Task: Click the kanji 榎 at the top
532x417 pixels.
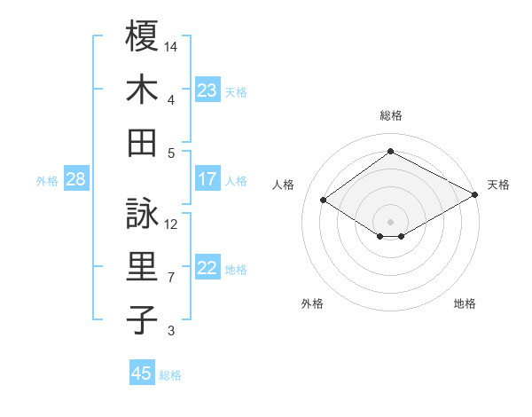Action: (x=142, y=37)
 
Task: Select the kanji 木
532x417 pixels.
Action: (x=142, y=90)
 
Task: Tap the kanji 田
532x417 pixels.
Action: (x=142, y=142)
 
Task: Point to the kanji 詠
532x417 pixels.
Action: (x=142, y=214)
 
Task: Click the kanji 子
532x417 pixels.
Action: (x=142, y=319)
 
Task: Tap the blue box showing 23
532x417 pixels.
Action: (x=207, y=90)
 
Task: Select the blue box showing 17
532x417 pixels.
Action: (x=207, y=179)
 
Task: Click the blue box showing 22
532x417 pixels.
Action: (x=207, y=268)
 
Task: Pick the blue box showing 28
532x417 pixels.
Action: (x=76, y=179)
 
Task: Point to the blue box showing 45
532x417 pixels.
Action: (x=142, y=374)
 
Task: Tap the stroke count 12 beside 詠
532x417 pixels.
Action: (x=172, y=224)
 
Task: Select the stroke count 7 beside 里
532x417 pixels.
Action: (x=171, y=278)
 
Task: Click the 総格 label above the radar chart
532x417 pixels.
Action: (x=391, y=115)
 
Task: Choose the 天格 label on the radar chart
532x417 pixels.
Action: (x=498, y=185)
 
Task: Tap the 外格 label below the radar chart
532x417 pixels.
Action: (x=312, y=303)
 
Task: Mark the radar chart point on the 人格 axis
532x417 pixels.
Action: (x=324, y=201)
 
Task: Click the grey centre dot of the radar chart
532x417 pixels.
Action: (x=391, y=220)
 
